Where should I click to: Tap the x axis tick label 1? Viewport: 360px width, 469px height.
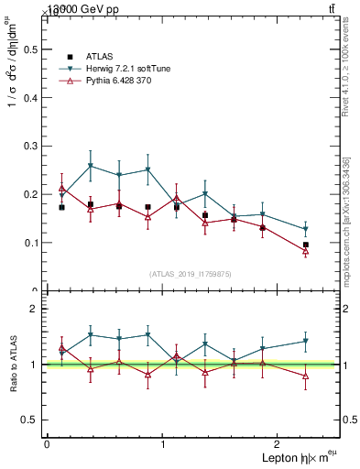163,443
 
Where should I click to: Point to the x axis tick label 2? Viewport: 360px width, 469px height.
278,443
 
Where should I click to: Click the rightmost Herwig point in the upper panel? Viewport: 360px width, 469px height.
306,229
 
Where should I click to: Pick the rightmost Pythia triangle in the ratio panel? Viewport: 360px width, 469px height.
306,376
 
